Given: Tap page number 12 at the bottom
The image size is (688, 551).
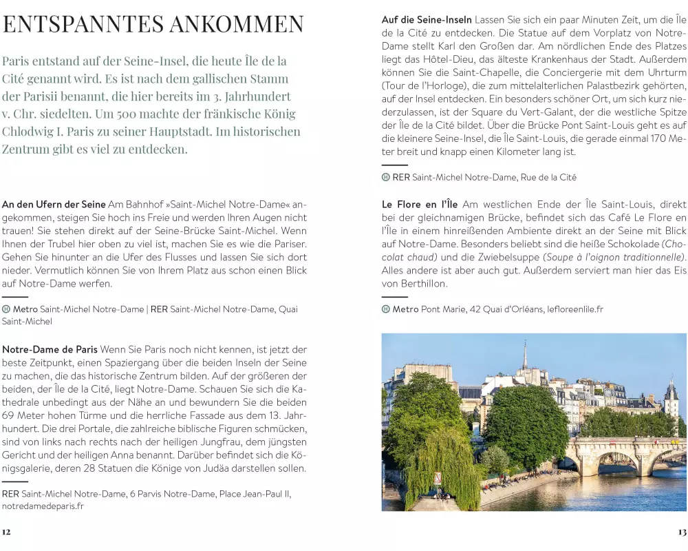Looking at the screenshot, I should coord(6,531).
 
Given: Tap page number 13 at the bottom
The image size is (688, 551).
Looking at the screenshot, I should coord(682,532).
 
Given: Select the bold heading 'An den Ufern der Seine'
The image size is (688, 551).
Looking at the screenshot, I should coord(54,205).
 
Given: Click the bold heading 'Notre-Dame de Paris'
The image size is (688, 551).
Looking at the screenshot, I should coord(50,349).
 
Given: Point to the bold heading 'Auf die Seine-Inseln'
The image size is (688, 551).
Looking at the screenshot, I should coord(427,20).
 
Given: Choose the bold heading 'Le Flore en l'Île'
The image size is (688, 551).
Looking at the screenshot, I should coord(420,205).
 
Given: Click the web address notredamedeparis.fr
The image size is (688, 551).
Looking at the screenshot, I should coord(43,506).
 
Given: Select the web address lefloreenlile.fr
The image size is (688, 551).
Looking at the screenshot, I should coord(575,309).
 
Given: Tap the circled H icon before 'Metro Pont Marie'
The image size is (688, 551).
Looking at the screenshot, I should coord(386,309).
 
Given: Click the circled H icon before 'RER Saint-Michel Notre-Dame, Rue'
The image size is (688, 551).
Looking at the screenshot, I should coord(386,177).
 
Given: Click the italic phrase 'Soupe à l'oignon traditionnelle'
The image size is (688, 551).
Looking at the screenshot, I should coord(614,257).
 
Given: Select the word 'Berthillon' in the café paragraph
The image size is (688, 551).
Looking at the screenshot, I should coord(424,283).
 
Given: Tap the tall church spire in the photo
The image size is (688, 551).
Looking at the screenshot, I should coord(524,355).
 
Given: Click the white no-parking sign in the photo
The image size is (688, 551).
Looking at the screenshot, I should coord(438,477).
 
